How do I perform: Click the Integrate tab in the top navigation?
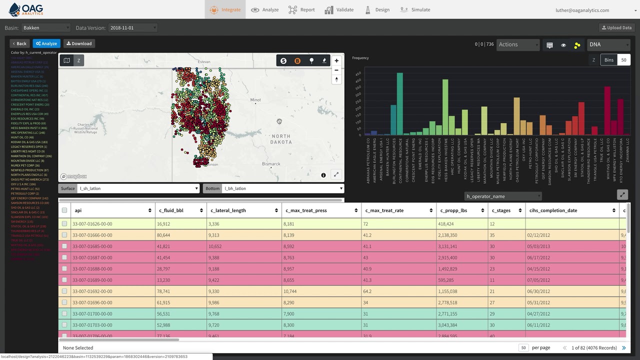coord(225,9)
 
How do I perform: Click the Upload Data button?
coord(616,27)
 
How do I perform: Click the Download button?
coord(78,43)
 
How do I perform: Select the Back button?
coord(19,43)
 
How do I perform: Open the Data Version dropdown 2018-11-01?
coord(132,28)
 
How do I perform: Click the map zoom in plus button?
coord(336,60)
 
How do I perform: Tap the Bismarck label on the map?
coord(271,164)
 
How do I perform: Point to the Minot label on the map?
coord(255,100)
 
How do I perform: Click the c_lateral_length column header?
coord(228,210)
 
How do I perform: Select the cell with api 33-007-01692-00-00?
coord(92,291)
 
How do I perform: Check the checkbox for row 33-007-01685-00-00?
coord(64,246)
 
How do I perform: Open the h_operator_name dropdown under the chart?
coord(502,196)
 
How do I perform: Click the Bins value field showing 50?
coord(623,60)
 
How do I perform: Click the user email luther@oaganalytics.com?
coord(582,10)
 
